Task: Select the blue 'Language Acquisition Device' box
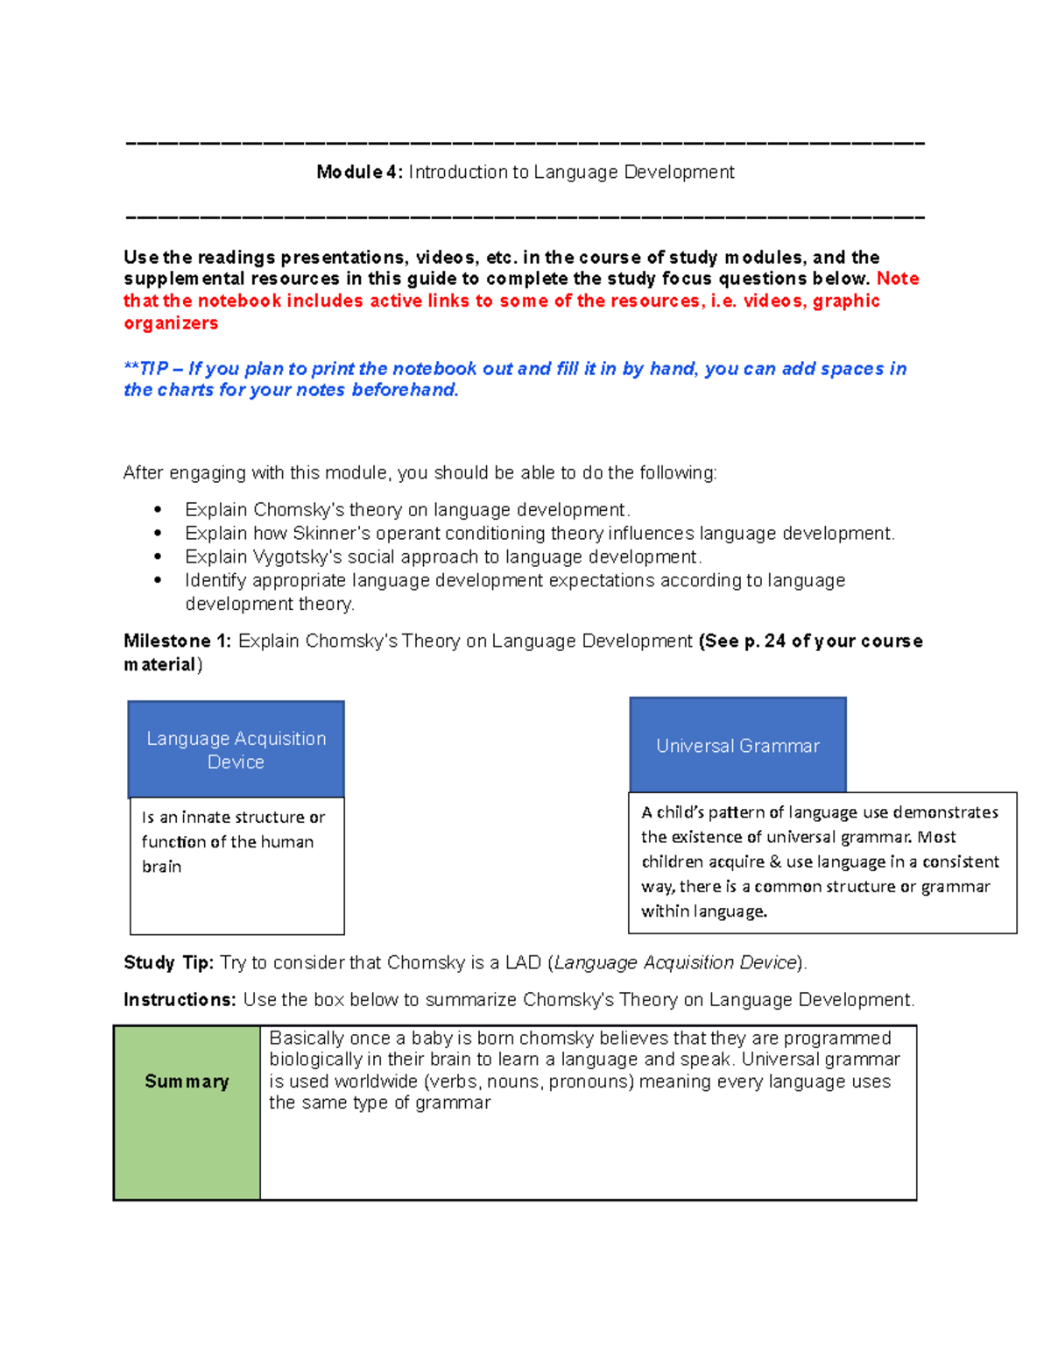(x=236, y=749)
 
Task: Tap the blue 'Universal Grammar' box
(x=737, y=746)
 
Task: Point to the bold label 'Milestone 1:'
(x=177, y=642)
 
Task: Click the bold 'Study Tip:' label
(x=168, y=963)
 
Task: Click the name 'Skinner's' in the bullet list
(x=332, y=534)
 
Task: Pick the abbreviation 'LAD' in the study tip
(x=523, y=963)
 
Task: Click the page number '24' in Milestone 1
(x=775, y=642)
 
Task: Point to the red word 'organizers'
(x=171, y=323)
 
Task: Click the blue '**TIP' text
(x=146, y=369)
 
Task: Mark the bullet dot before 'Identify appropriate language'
(x=158, y=580)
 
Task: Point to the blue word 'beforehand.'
(x=405, y=390)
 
